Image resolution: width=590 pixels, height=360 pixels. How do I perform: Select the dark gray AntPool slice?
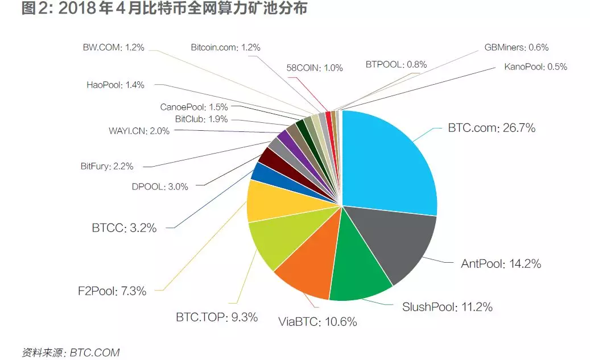[x=393, y=242]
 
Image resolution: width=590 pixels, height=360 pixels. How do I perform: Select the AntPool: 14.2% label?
[x=500, y=264]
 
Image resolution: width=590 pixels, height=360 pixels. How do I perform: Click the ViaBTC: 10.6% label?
[x=317, y=322]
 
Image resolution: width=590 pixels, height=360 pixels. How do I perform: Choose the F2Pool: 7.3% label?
[x=113, y=291]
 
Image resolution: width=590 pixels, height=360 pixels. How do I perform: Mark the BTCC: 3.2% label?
[x=124, y=229]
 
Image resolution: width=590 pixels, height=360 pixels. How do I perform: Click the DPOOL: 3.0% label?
[x=160, y=187]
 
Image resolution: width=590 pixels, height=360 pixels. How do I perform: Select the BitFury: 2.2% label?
[x=107, y=167]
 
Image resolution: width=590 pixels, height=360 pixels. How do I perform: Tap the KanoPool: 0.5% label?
[x=535, y=67]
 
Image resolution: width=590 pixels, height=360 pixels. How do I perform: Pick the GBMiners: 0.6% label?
[x=516, y=48]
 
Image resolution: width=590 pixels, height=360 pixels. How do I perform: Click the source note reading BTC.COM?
[x=71, y=353]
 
